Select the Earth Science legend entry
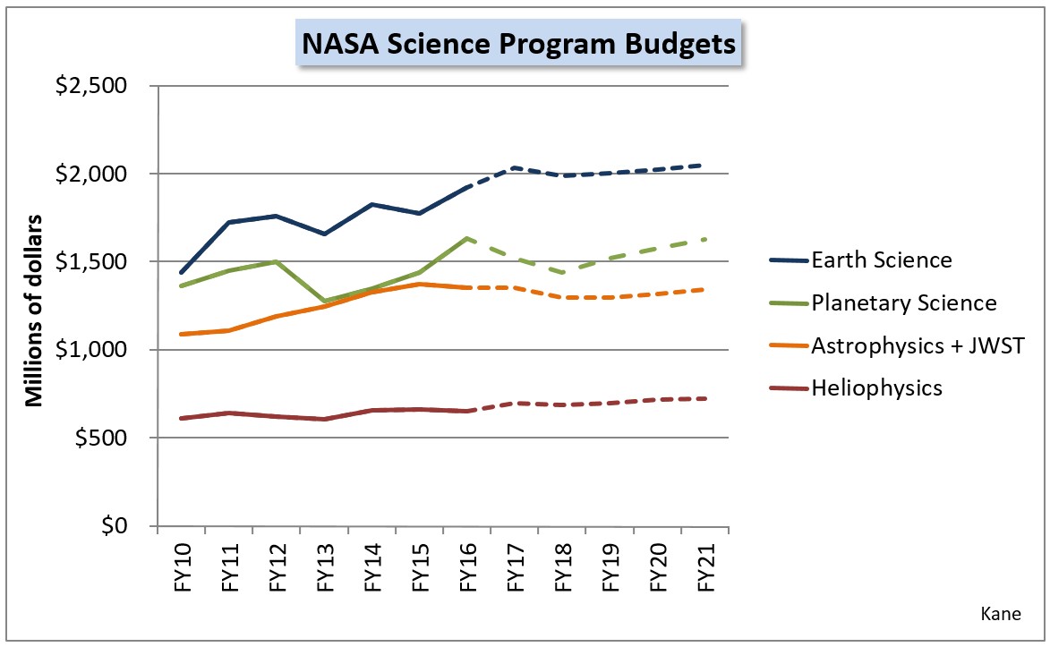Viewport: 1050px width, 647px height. [x=881, y=261]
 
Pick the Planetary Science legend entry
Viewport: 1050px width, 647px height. [x=903, y=303]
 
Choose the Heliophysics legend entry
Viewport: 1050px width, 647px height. [x=876, y=387]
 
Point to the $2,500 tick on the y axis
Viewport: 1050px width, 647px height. [x=90, y=86]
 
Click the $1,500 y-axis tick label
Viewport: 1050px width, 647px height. [x=90, y=262]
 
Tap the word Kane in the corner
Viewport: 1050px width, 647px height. [x=999, y=615]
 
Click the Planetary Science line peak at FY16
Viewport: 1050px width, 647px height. [x=467, y=238]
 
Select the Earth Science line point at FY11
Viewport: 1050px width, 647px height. [x=229, y=222]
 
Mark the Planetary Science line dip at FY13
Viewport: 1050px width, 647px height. [x=324, y=301]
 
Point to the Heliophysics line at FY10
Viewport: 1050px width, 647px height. [x=182, y=418]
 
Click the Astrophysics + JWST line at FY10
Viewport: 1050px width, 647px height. [x=182, y=334]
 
